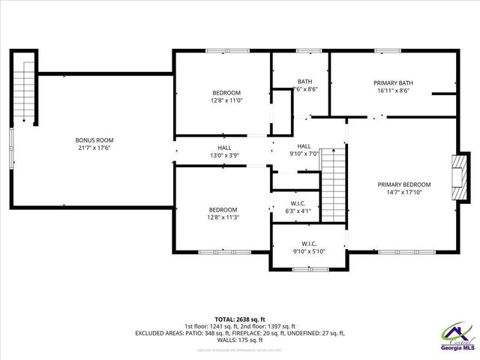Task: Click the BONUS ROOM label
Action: click(x=94, y=140)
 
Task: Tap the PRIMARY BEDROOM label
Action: click(x=403, y=184)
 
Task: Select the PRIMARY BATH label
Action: click(x=394, y=82)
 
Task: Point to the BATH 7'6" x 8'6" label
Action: click(x=304, y=85)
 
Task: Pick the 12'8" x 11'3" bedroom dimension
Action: click(x=223, y=217)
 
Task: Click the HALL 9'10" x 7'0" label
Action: click(x=304, y=150)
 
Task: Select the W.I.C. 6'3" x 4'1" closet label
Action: click(x=297, y=208)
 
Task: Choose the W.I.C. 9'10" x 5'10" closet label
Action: click(x=309, y=248)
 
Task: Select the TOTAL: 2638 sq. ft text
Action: click(x=239, y=319)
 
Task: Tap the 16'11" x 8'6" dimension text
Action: click(x=394, y=91)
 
